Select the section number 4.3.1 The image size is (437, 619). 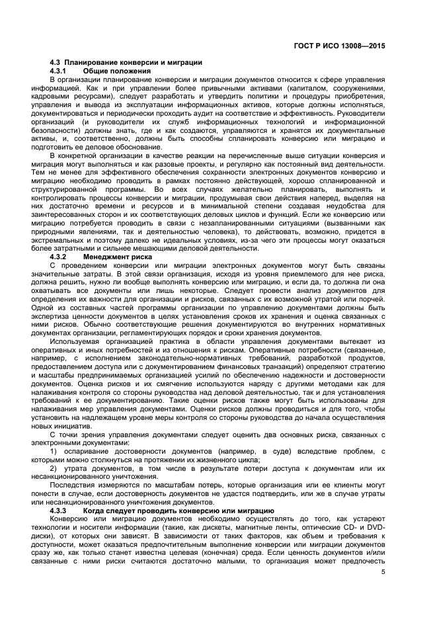(x=60, y=71)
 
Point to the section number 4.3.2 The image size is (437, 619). (x=60, y=256)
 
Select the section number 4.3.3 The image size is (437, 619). (x=60, y=511)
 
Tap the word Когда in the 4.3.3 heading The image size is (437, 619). (x=97, y=511)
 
